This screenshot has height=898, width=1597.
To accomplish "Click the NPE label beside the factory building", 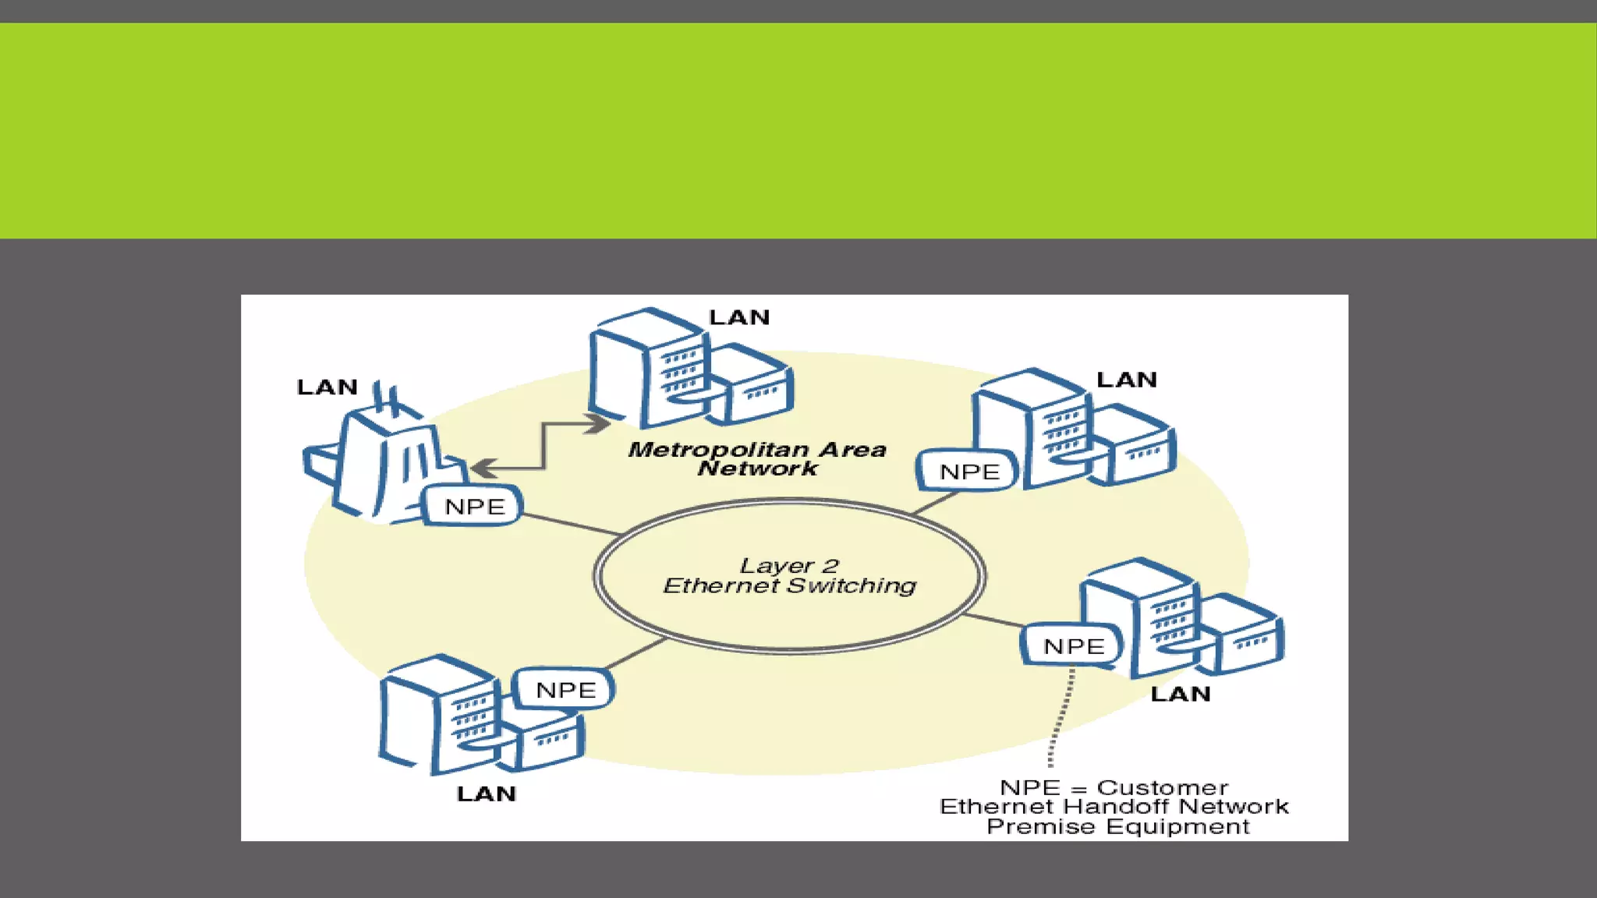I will click(x=474, y=507).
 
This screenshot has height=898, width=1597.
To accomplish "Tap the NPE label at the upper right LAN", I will click(x=969, y=472).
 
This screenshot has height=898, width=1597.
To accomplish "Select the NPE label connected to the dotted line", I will click(x=1074, y=646).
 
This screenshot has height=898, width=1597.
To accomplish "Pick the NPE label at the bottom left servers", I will click(x=565, y=690).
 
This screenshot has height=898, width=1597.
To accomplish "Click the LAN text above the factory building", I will click(x=327, y=387).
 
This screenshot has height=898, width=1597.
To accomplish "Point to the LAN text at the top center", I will click(x=739, y=317).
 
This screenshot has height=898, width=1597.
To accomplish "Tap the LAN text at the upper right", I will click(x=1126, y=380).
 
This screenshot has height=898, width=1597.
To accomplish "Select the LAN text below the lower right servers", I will click(x=1180, y=694).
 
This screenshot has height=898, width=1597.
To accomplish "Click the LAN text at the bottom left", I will click(x=486, y=794).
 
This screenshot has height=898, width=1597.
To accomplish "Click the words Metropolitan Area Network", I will click(x=757, y=458).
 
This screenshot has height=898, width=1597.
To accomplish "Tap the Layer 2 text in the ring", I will click(x=788, y=565).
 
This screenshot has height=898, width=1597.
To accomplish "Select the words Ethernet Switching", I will click(x=789, y=585).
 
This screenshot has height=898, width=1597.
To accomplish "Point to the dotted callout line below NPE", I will click(x=1061, y=717).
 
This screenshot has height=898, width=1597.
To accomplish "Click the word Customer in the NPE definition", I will click(x=1162, y=787).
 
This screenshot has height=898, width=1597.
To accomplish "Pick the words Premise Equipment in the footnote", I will click(x=1117, y=826).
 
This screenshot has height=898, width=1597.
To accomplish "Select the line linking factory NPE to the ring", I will click(x=569, y=524).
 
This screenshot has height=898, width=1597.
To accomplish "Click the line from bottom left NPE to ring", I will click(x=636, y=654).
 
